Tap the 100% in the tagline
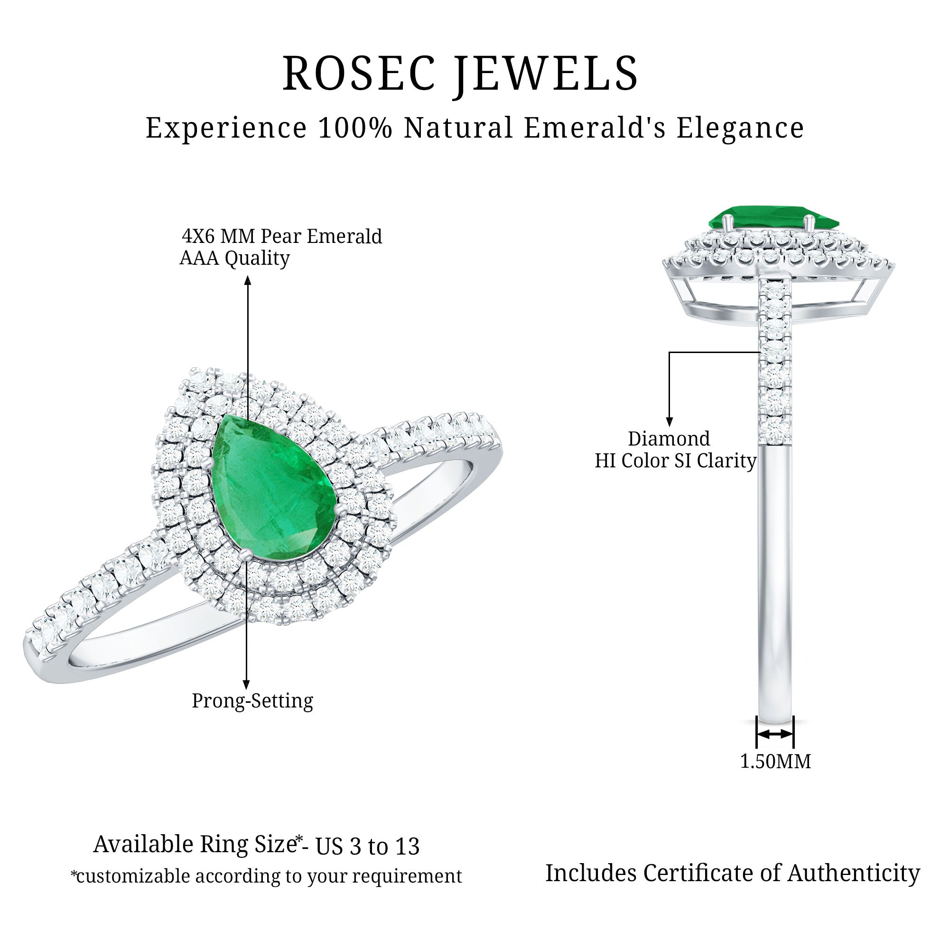tap(355, 128)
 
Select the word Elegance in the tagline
tap(740, 128)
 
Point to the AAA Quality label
tap(235, 258)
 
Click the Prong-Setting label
tap(252, 701)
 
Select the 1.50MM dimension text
tap(775, 762)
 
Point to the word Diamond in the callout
tap(669, 438)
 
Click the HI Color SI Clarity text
tap(675, 461)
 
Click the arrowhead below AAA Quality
tap(248, 280)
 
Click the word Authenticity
tap(853, 873)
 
